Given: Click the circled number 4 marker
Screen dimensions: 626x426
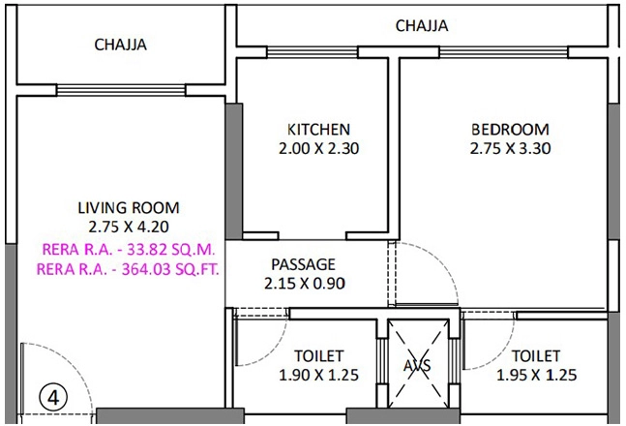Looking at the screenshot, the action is click(53, 398).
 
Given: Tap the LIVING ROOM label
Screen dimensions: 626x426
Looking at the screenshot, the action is click(129, 208).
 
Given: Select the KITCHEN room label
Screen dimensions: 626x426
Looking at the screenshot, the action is click(318, 130).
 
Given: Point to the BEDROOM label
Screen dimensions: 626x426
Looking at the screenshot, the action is click(510, 130).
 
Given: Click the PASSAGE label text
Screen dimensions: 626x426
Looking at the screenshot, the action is click(303, 264).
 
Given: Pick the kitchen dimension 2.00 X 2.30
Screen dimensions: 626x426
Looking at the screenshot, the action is click(318, 148).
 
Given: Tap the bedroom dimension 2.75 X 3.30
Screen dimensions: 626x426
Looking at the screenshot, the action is click(510, 148).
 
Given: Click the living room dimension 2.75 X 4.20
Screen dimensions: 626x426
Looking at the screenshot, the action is click(129, 227).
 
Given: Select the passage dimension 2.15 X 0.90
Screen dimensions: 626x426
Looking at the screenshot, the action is click(304, 284).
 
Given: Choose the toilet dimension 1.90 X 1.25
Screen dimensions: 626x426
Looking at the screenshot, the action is click(318, 375).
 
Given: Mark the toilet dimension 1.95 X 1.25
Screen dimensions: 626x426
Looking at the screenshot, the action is click(536, 375).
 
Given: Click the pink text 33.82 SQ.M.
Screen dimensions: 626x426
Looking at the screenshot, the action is click(171, 250).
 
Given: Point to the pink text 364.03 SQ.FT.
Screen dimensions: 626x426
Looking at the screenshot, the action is click(170, 269).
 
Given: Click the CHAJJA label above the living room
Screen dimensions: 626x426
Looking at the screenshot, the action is click(120, 45).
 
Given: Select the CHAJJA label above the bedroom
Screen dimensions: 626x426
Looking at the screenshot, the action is click(422, 25).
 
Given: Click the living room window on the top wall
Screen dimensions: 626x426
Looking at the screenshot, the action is click(121, 90).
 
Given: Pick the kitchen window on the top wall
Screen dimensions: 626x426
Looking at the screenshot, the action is click(313, 52).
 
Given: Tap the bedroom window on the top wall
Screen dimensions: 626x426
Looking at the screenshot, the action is click(503, 52).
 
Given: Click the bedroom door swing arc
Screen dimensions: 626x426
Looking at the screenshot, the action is click(444, 262).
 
